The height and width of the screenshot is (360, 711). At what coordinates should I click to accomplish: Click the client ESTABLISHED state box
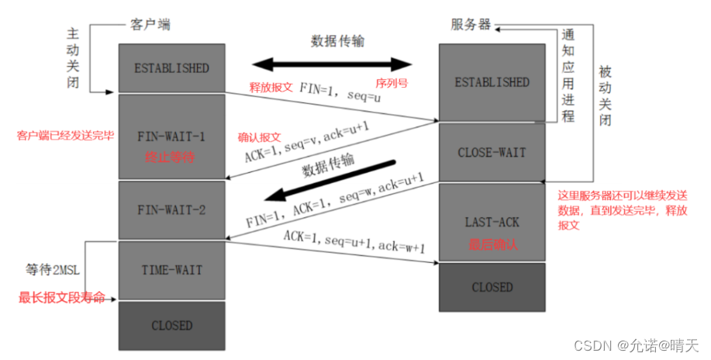coord(171,68)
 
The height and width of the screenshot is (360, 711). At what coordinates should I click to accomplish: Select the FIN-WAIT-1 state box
coord(171,137)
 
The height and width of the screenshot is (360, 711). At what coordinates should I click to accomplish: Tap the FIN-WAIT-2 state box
coord(171,209)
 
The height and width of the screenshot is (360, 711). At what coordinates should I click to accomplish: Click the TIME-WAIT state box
coord(171,270)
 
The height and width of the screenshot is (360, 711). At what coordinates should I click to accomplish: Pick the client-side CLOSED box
coord(171,324)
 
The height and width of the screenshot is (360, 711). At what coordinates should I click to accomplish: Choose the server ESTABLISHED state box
coord(492,82)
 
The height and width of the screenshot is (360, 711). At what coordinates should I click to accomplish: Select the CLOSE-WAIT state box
coord(492,152)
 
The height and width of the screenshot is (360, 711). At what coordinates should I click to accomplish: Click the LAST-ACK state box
coord(492,222)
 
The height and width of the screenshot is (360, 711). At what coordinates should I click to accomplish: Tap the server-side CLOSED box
coord(492,287)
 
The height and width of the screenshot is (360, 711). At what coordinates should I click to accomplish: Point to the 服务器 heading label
coord(471,24)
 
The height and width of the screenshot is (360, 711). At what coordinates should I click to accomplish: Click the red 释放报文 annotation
coord(271,87)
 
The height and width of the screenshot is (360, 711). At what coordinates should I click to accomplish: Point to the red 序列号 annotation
coord(392,81)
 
